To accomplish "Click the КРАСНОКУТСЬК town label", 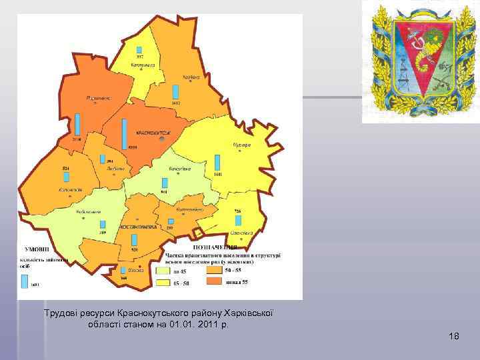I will click(x=153, y=132).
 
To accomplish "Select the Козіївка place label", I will click(x=191, y=78).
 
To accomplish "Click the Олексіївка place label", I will click(x=241, y=233).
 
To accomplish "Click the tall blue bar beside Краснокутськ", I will click(x=125, y=133).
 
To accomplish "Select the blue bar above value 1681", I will click(x=217, y=163).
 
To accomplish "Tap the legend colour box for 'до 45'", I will click(x=163, y=271).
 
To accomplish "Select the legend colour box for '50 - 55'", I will click(x=213, y=271).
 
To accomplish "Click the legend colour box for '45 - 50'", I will click(x=163, y=283).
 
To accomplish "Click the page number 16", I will click(x=453, y=336).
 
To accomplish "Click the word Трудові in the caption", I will click(x=61, y=313).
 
